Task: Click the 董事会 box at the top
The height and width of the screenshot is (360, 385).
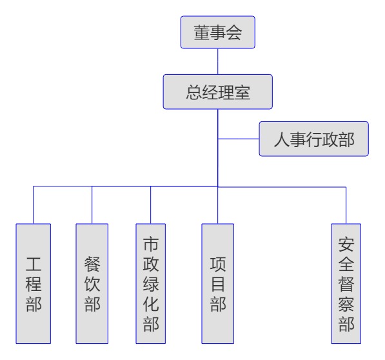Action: (x=218, y=32)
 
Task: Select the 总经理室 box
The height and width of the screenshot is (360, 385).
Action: (x=218, y=92)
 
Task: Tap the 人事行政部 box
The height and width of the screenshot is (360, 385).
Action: (x=314, y=139)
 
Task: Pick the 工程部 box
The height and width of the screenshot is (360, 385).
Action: (x=34, y=284)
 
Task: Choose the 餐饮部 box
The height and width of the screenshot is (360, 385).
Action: (x=92, y=284)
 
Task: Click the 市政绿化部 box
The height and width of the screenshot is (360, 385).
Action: (x=151, y=284)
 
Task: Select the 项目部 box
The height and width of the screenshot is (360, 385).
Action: (x=218, y=284)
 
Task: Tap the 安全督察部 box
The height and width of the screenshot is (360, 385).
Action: (x=346, y=284)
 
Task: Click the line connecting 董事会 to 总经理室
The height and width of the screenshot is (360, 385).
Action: (x=218, y=61)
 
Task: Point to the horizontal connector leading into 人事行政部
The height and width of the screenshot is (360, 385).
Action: (x=239, y=139)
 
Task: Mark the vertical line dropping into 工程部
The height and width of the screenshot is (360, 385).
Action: (x=33, y=205)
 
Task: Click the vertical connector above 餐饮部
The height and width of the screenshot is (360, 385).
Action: (x=92, y=205)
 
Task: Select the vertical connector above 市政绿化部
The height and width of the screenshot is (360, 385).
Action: (x=150, y=205)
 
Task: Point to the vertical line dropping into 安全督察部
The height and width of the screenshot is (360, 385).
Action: (x=346, y=205)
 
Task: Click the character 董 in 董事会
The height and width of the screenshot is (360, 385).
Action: (x=202, y=32)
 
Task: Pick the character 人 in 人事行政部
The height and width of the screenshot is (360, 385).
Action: (x=282, y=139)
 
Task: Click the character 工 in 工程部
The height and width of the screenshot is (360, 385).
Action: (x=34, y=264)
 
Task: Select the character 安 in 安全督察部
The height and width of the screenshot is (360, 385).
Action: (x=346, y=244)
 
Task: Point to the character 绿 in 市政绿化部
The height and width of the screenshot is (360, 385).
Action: (x=151, y=284)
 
